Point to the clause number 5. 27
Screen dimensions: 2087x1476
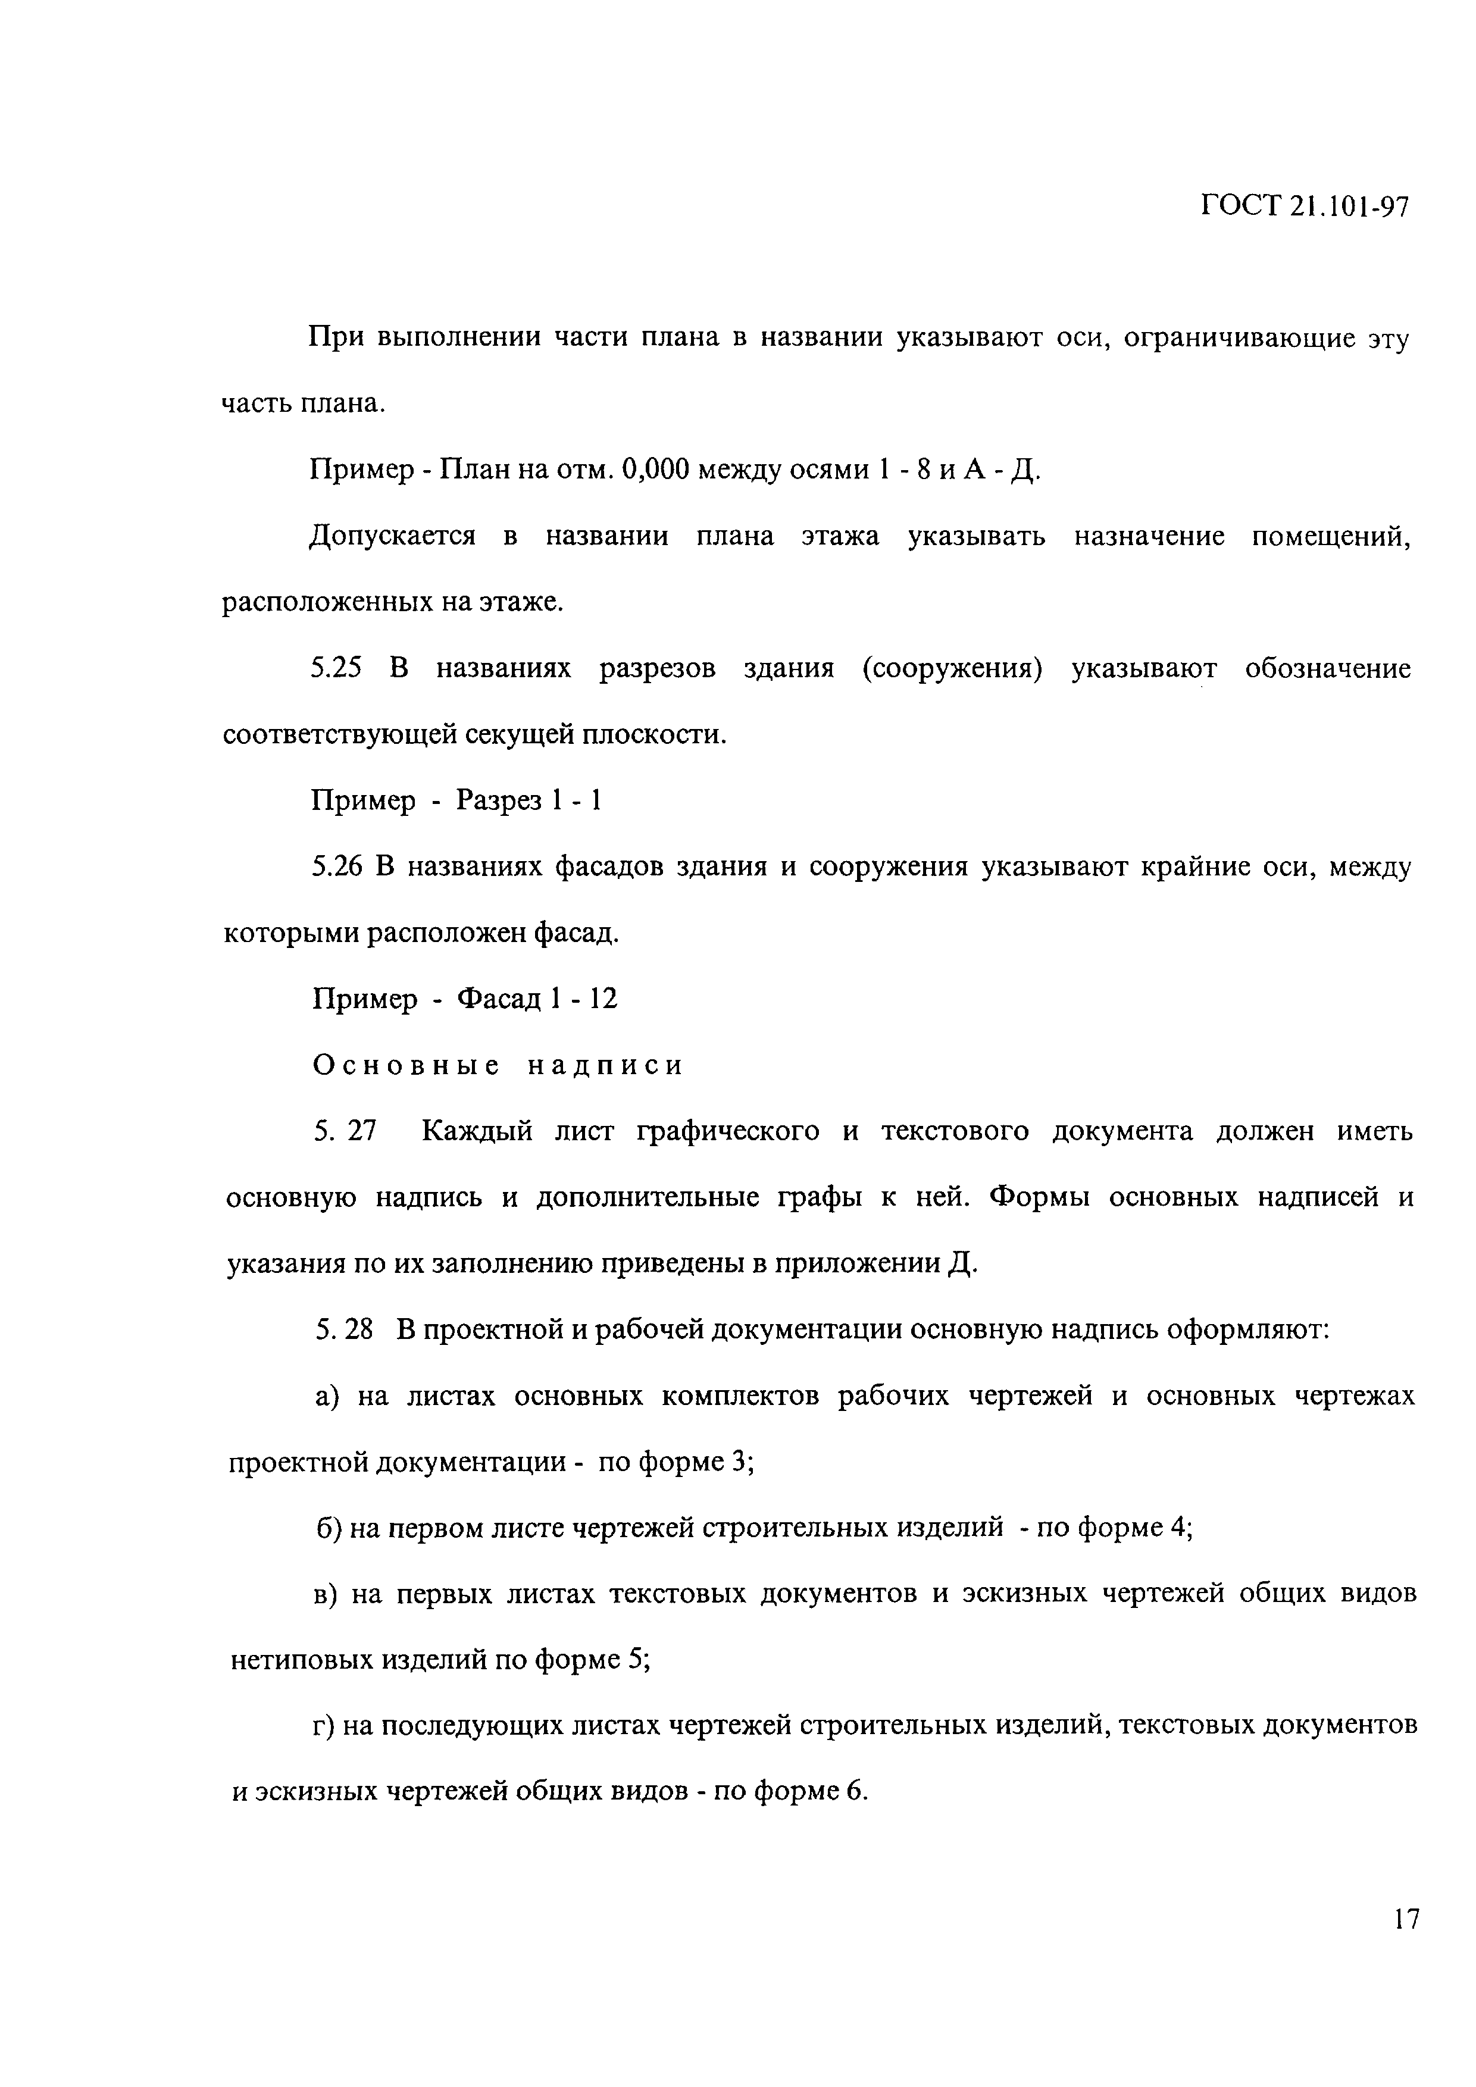point(345,1132)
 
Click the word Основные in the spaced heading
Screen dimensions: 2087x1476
point(406,1065)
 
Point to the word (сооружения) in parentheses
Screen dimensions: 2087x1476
point(952,669)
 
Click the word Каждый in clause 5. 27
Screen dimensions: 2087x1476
point(477,1132)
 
